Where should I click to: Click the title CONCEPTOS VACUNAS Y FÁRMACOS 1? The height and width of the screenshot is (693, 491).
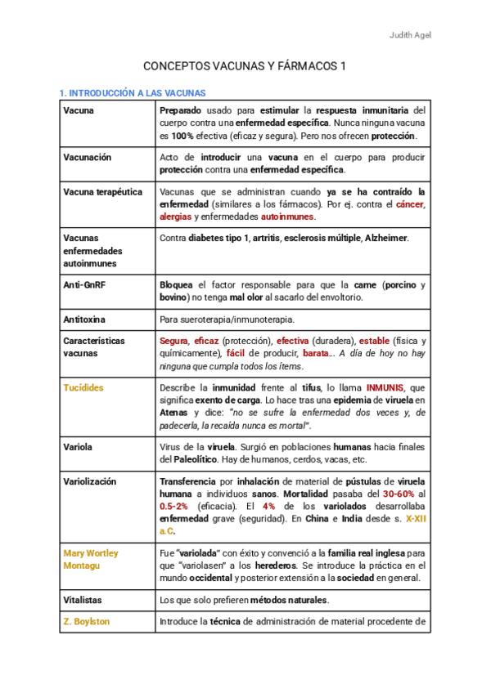coord(245,66)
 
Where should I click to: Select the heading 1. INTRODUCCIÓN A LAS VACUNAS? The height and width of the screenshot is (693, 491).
coord(133,93)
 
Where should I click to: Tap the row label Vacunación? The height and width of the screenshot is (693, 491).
coord(87,157)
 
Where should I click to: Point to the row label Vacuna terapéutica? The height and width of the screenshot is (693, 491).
coord(102,192)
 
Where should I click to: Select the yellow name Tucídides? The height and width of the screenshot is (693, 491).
coord(83,387)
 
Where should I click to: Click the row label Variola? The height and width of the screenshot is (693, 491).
coord(78,447)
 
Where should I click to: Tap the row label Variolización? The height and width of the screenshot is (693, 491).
coord(89,481)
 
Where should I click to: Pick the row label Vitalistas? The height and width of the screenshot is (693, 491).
coord(84,600)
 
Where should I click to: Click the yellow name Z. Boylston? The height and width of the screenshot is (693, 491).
coord(87,621)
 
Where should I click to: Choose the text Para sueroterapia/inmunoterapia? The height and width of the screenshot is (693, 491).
coord(226,320)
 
